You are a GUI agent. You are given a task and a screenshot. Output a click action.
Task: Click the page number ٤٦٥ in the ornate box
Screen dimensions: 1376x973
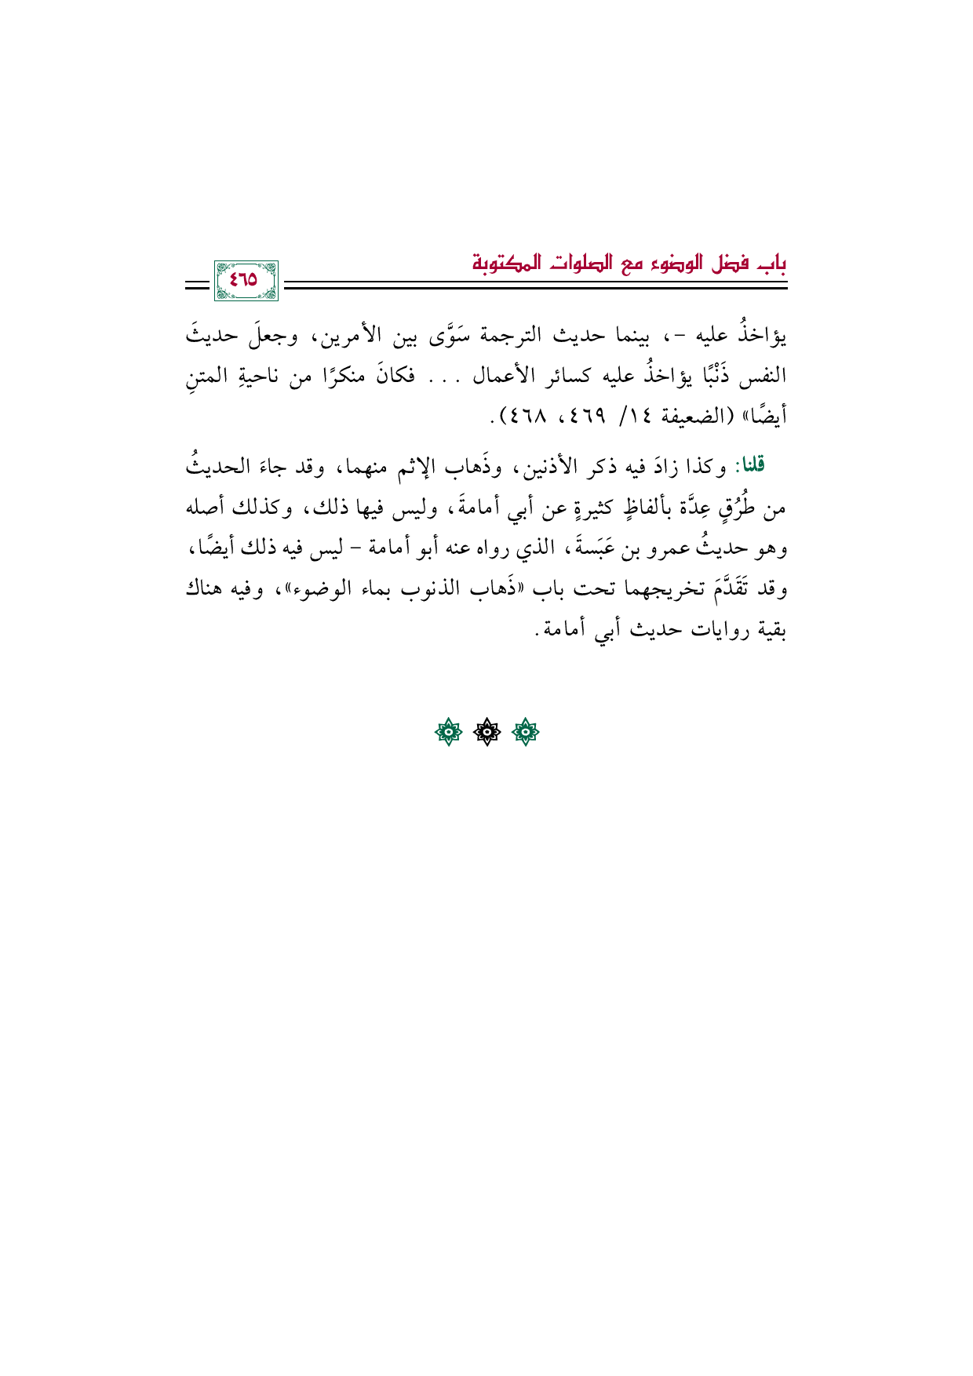coord(245,281)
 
